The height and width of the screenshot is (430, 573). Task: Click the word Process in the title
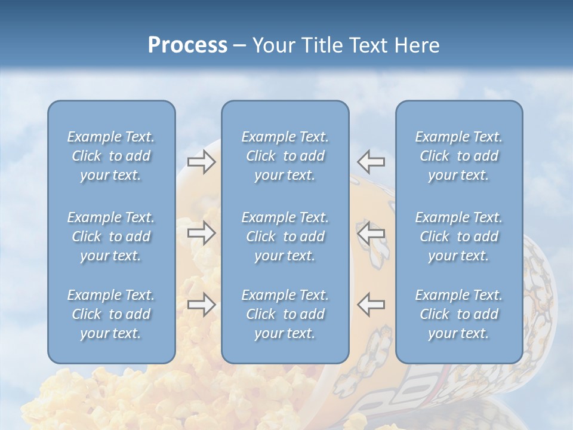187,45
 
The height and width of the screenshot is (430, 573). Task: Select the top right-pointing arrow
201,161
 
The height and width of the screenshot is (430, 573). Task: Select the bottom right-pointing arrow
201,305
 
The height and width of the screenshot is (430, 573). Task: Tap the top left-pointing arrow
371,161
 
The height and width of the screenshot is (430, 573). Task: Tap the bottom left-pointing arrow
371,305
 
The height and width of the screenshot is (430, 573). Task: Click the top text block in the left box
111,156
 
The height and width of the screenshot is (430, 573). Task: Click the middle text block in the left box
111,236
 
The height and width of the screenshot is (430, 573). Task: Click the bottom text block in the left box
111,314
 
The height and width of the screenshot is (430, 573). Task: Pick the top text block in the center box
285,156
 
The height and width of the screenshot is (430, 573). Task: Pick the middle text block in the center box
285,236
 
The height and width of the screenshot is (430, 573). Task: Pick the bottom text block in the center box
285,314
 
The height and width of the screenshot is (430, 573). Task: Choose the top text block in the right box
458,156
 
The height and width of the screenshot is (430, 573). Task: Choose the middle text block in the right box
458,236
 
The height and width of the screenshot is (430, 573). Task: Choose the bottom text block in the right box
458,314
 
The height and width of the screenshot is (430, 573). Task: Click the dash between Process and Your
240,46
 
